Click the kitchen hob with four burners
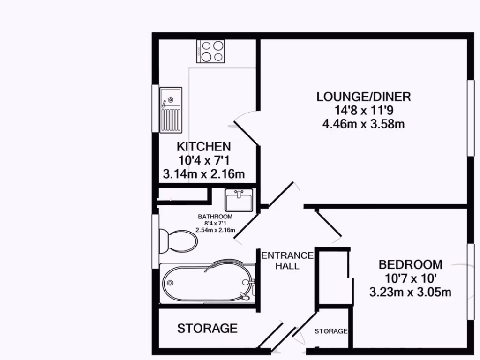click(x=210, y=51)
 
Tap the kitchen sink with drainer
click(x=171, y=109)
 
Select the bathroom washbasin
click(x=239, y=200)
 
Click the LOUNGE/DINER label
click(x=363, y=97)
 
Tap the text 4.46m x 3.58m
click(x=363, y=124)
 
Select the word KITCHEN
click(x=203, y=146)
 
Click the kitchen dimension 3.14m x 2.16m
click(x=203, y=174)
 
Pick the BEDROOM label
click(x=410, y=264)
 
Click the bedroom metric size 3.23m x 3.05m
click(x=410, y=292)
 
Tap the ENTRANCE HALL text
click(x=287, y=260)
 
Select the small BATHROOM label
click(x=215, y=217)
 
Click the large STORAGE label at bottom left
click(x=207, y=329)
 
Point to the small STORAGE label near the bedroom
click(x=331, y=331)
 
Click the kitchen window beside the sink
click(x=155, y=109)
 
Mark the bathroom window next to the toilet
click(x=155, y=241)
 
